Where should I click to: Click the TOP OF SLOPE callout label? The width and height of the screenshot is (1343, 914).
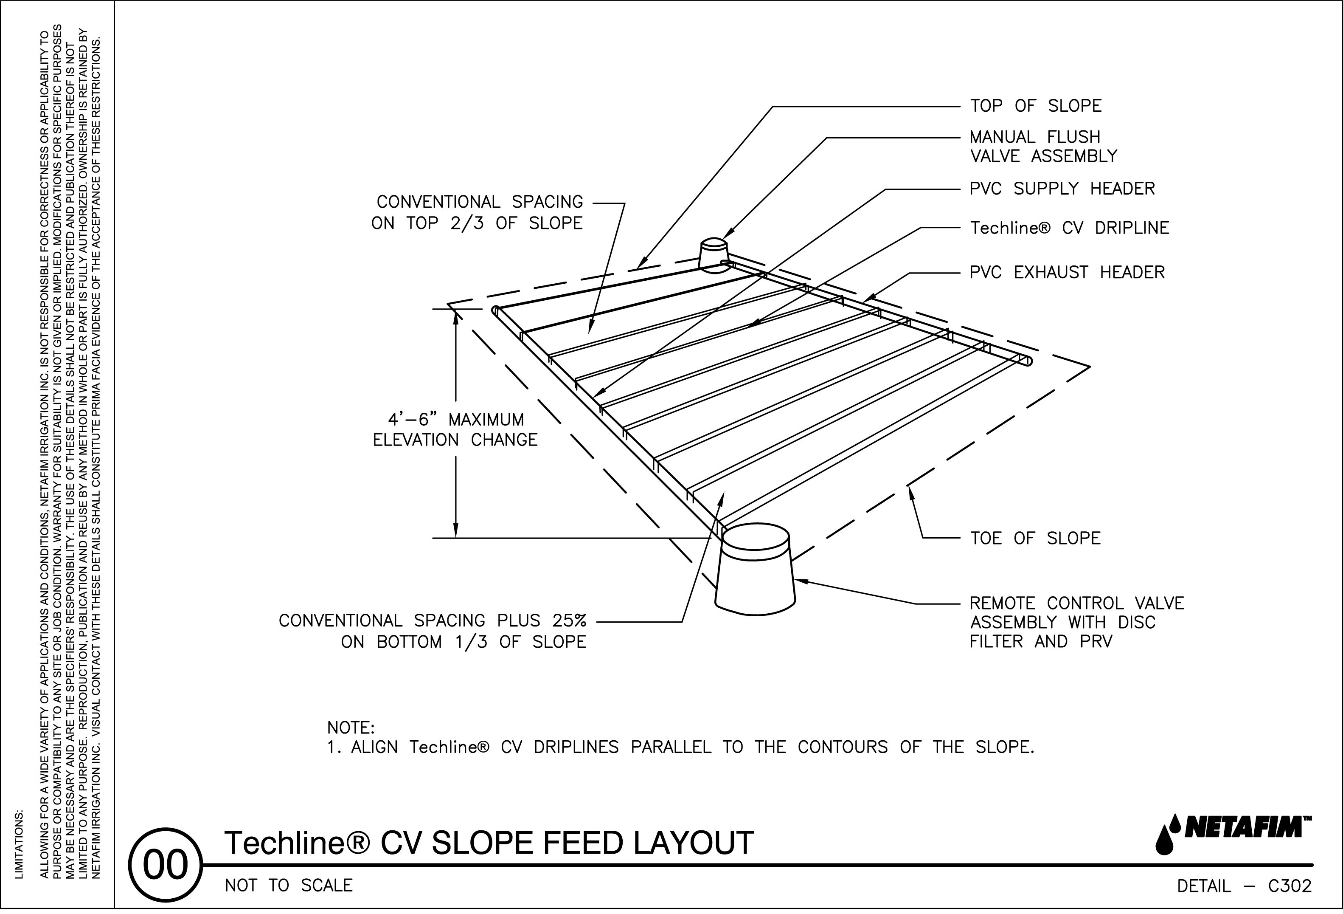coord(1036,106)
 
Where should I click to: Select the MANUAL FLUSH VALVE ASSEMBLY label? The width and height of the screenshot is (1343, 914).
coord(1043,147)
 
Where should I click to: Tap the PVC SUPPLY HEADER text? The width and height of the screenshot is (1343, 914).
coord(1062,189)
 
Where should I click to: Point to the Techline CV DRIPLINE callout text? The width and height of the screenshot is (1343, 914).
coord(1069,228)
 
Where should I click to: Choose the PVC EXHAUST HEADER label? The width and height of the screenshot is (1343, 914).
coord(1067,272)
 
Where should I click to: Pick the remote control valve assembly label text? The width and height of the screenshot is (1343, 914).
coord(1076,623)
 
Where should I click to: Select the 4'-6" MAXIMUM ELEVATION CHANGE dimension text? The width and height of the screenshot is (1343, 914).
coord(455,429)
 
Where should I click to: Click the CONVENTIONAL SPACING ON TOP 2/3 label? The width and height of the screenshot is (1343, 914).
coord(478,213)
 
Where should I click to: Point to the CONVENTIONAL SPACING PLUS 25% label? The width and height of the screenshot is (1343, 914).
coord(433,631)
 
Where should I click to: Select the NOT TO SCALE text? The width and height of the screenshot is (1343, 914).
coord(288,886)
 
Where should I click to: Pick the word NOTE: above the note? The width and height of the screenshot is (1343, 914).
coord(351,727)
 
